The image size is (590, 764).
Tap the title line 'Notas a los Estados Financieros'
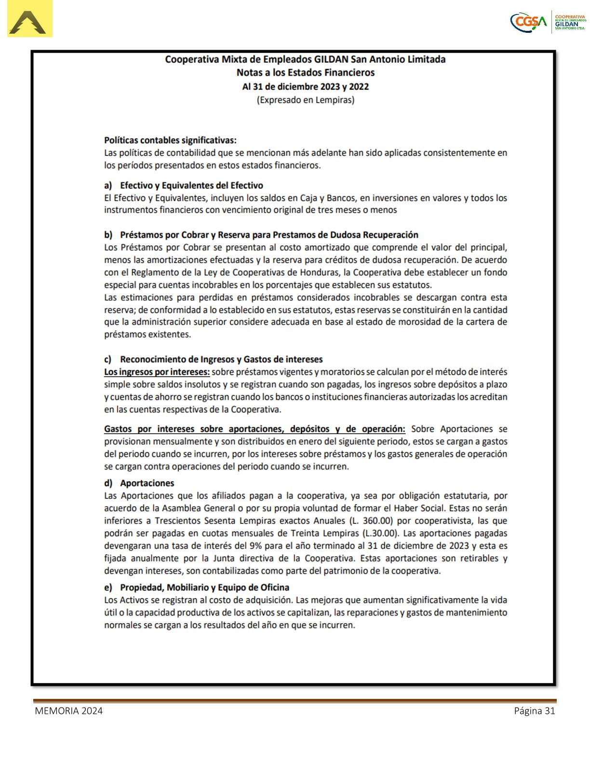point(305,73)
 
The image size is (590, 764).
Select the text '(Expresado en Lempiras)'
point(305,100)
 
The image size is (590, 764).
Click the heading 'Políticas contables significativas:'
point(170,140)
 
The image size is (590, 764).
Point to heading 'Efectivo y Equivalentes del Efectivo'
point(191,186)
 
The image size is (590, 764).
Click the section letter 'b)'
point(108,235)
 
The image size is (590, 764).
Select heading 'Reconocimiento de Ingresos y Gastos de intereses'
point(221,359)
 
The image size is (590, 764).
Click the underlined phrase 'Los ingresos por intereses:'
point(157,372)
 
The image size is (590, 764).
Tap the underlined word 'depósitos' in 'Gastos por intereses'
point(310,429)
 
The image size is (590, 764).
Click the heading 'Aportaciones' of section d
point(147,483)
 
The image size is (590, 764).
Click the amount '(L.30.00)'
point(380,533)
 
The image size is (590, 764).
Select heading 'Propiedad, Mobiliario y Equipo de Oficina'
point(204,587)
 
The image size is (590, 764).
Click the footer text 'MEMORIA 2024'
point(68,711)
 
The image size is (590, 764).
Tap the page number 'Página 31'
point(534,711)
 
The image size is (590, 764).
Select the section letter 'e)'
point(108,587)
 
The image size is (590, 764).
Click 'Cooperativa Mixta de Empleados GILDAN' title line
point(305,59)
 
